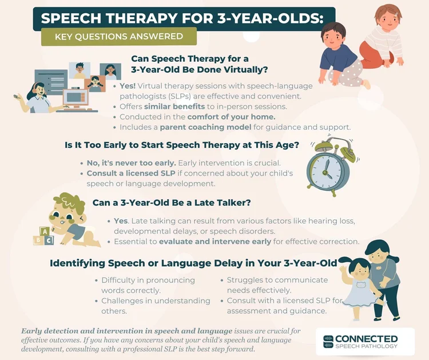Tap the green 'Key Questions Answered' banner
(118, 37)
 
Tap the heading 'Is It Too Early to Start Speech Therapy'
(182, 145)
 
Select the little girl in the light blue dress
(357, 286)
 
